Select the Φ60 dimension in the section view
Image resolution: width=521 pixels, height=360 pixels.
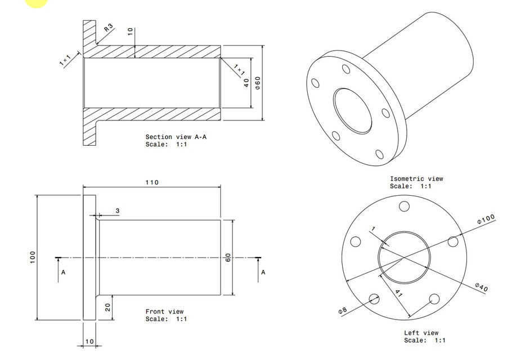[x=258, y=83]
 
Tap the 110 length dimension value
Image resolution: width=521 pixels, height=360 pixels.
[x=152, y=182]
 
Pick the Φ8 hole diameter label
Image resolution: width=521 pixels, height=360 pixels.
[x=343, y=309]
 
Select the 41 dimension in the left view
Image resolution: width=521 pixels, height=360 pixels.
[x=398, y=293]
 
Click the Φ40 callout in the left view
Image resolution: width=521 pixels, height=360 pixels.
[x=481, y=287]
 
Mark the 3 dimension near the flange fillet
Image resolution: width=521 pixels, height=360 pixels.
[x=118, y=210]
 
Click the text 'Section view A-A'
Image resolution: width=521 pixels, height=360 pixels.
[x=172, y=137]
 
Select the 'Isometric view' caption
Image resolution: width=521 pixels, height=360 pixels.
[x=416, y=179]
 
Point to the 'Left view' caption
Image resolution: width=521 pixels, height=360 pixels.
[x=421, y=333]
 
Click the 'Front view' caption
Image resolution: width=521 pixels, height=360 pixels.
[x=164, y=312]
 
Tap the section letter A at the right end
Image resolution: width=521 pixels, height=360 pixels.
[x=263, y=272]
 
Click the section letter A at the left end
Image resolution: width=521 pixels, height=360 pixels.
[x=64, y=272]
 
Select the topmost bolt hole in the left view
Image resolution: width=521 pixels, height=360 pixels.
[x=403, y=206]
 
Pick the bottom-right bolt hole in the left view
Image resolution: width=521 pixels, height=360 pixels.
[x=434, y=299]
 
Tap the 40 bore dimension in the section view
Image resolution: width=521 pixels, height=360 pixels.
[x=246, y=83]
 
